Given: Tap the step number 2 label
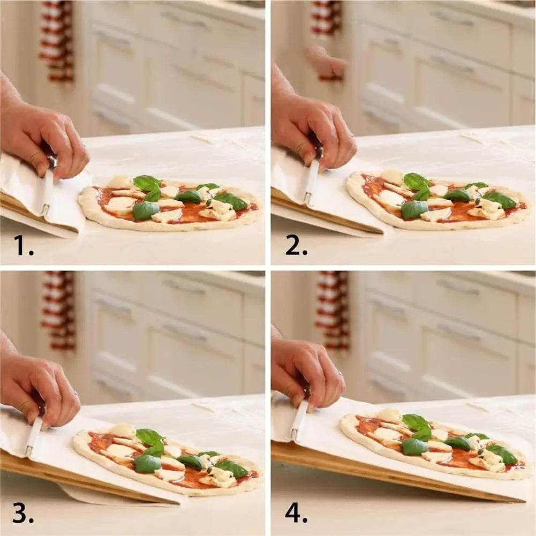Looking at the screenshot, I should point(296,245).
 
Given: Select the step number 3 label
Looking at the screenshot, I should point(24,512).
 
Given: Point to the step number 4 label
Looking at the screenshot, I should point(296,512).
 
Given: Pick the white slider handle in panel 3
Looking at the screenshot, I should point(34,436).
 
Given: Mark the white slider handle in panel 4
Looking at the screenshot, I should point(299,420).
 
